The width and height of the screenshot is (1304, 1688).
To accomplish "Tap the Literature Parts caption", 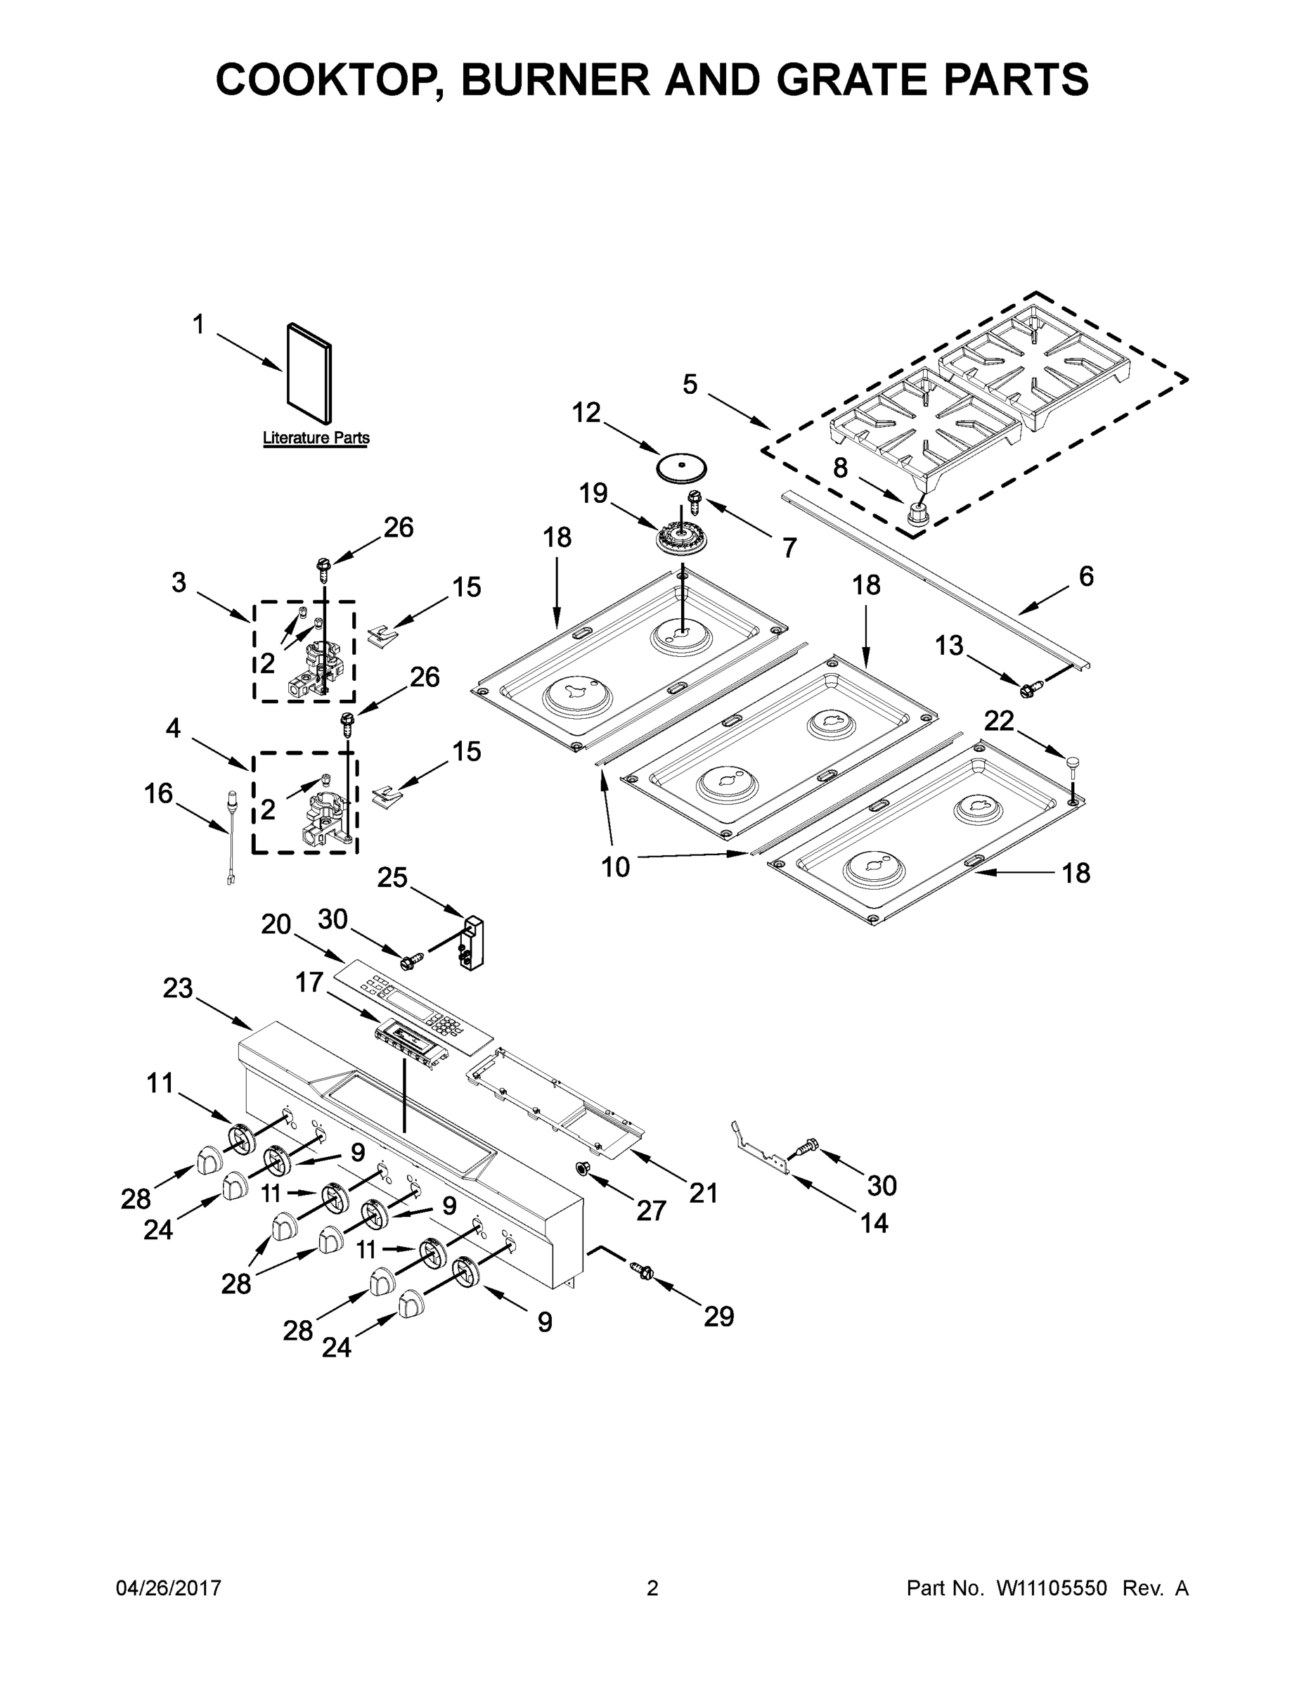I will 316,438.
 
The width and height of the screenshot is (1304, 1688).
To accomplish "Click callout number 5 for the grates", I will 690,384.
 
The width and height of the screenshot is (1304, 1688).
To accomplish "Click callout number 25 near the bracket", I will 392,877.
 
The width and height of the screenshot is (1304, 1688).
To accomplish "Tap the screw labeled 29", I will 643,1270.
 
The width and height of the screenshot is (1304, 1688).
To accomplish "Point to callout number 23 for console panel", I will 178,987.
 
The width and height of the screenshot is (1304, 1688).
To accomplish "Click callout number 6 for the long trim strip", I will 1085,576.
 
